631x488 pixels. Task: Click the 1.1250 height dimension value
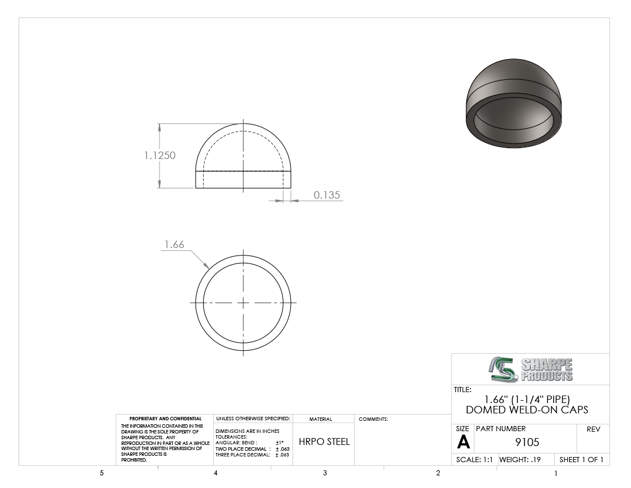point(160,156)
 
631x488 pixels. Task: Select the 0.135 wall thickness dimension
point(327,195)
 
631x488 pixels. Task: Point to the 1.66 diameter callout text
point(174,245)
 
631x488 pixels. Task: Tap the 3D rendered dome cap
point(513,103)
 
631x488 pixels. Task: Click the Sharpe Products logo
point(531,370)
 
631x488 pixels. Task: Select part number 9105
point(527,443)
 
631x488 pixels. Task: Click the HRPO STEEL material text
point(324,441)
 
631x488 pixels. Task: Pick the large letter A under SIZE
point(463,442)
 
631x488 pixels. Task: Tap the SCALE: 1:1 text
point(474,459)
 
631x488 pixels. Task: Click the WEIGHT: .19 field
point(520,459)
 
